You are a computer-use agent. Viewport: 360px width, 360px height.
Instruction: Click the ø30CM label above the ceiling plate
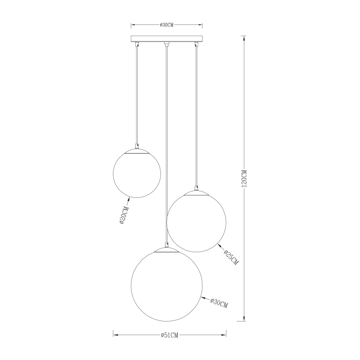(166, 25)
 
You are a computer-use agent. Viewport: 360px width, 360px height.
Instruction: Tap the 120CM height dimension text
(244, 178)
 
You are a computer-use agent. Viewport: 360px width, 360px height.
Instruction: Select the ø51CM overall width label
(169, 334)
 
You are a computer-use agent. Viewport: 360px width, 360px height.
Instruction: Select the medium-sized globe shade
(196, 221)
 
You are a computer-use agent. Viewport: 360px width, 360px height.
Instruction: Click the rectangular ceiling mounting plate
(166, 39)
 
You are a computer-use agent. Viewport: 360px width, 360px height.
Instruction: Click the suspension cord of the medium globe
(196, 116)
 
